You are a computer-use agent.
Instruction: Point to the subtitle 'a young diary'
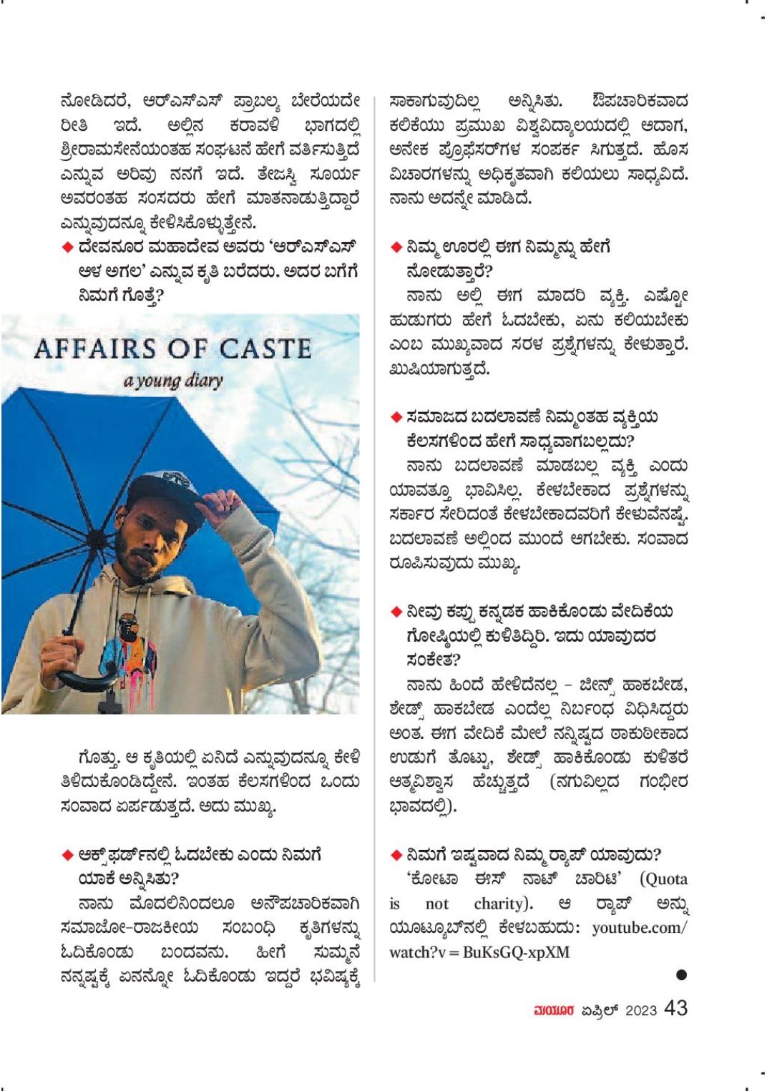click(172, 380)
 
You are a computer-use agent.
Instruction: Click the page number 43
click(675, 1008)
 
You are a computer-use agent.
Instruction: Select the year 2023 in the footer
click(641, 1009)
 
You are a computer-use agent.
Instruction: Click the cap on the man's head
click(168, 489)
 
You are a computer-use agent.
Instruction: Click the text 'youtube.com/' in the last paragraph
click(640, 928)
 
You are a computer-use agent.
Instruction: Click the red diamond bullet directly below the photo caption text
click(68, 856)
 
